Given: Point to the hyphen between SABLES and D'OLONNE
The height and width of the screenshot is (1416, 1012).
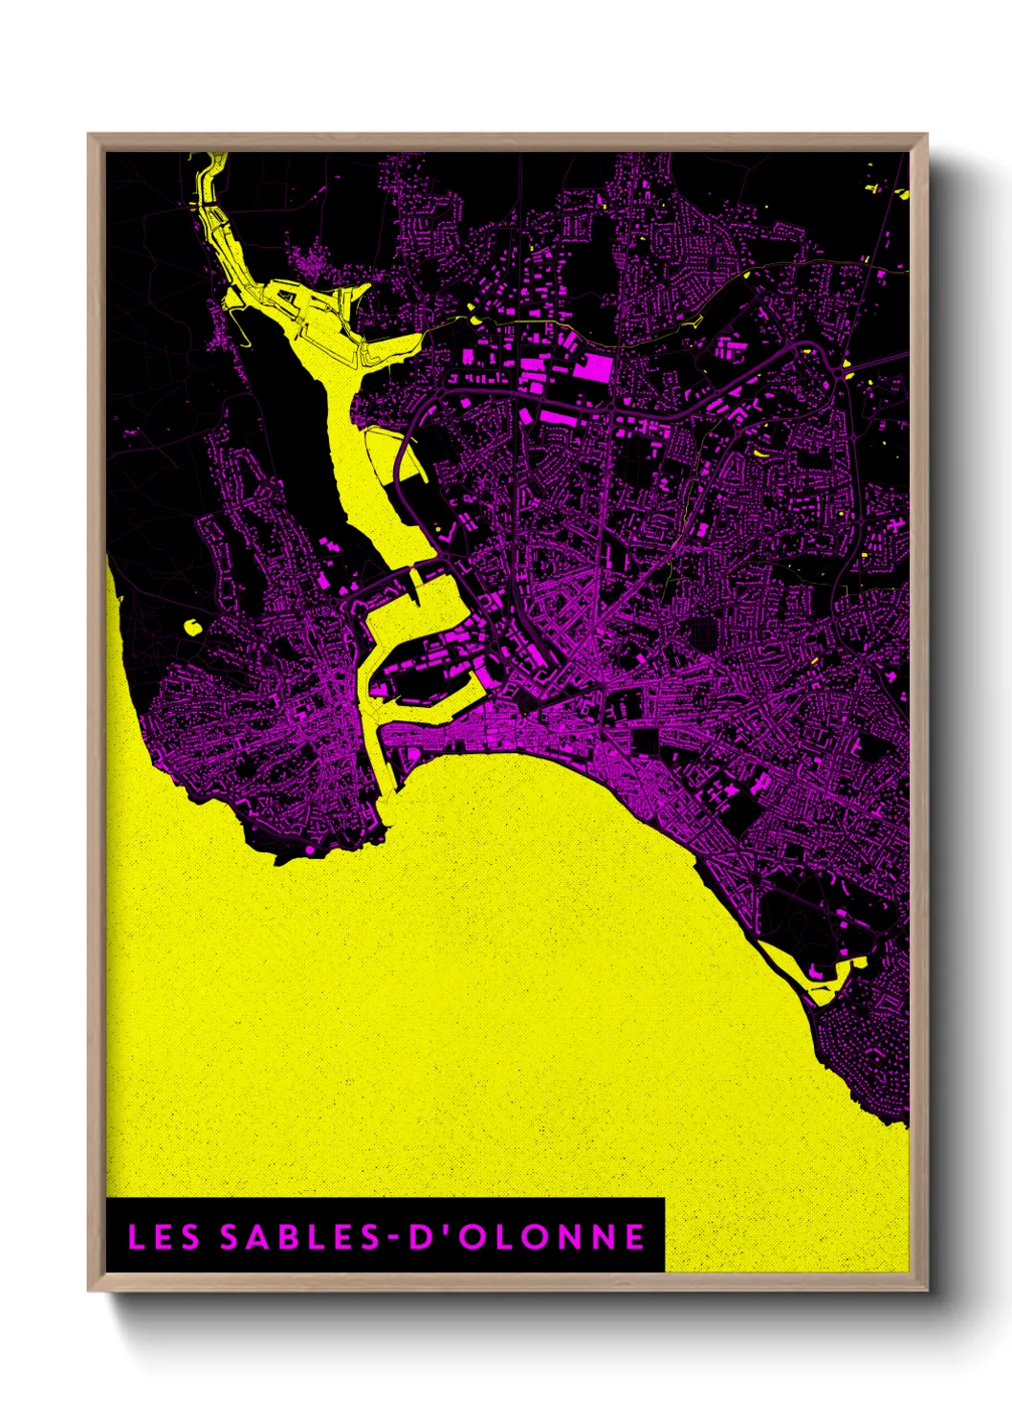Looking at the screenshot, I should pos(394,1238).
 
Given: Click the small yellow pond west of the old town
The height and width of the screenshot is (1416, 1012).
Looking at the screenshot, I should pos(192,627).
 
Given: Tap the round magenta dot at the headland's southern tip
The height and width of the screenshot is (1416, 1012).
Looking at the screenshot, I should pos(309,849).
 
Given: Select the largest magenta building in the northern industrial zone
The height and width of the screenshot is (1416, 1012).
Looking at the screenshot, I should pos(595,366).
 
